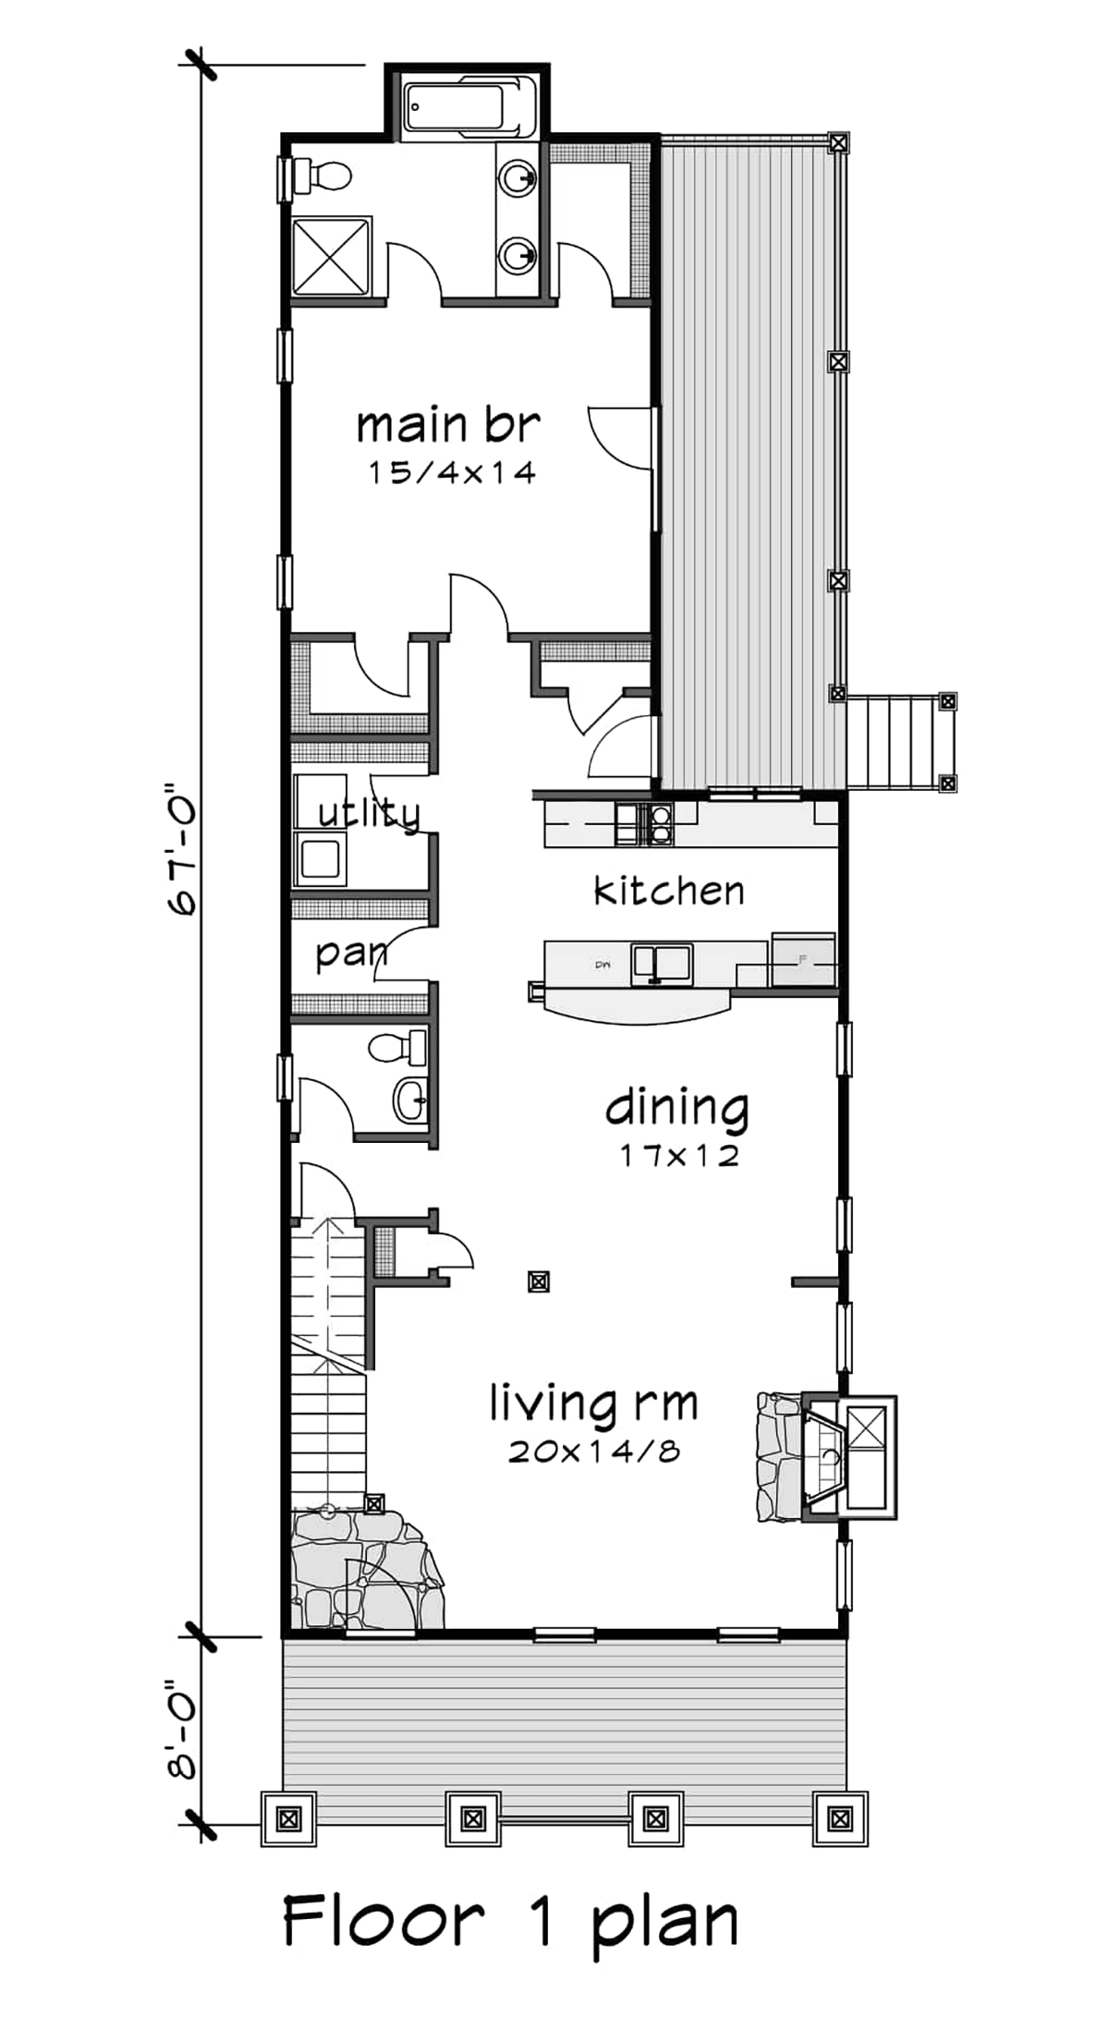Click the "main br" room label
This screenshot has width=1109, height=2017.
click(x=448, y=426)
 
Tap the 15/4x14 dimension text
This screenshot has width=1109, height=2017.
click(x=452, y=473)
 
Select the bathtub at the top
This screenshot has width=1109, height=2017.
click(x=468, y=107)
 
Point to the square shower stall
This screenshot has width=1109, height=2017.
click(x=332, y=257)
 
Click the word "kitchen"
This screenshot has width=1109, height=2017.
click(x=668, y=892)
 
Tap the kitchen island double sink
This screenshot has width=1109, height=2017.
click(x=662, y=964)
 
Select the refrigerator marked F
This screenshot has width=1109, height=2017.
click(x=803, y=960)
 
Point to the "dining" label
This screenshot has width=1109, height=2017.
click(x=676, y=1109)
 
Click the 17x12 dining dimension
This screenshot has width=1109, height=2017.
click(x=679, y=1156)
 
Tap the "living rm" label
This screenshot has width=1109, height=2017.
click(x=593, y=1405)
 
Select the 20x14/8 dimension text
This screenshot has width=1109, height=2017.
click(x=594, y=1452)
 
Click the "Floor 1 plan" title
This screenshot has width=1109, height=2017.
click(x=510, y=1919)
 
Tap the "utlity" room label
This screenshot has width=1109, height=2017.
click(x=369, y=813)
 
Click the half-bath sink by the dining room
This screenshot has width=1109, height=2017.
click(x=411, y=1100)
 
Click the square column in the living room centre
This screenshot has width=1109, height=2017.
click(x=539, y=1282)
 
